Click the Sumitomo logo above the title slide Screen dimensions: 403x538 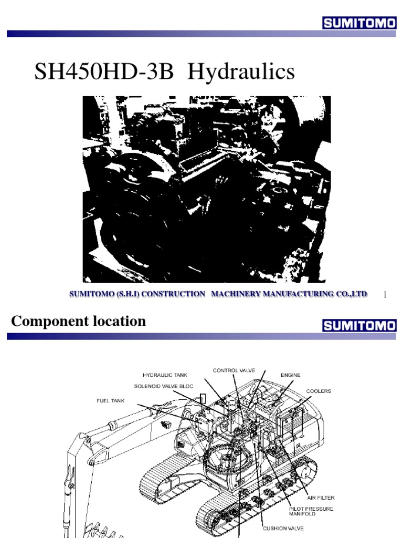tap(359, 23)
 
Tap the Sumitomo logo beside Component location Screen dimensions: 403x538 tap(359, 325)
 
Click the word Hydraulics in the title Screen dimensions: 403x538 tap(241, 72)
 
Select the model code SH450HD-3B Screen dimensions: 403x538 tap(104, 71)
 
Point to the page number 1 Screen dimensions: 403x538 tap(385, 295)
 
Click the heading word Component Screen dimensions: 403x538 tap(49, 322)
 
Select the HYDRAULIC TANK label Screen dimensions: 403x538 tap(165, 375)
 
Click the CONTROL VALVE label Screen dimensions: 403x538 tap(234, 370)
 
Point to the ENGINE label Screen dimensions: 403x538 tap(290, 375)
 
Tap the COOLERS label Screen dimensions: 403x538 tap(319, 391)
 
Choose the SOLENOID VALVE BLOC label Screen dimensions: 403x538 tap(164, 386)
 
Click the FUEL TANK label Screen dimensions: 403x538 tap(110, 400)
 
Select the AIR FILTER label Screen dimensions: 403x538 tap(321, 498)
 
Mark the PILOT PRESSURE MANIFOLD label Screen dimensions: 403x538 tap(311, 511)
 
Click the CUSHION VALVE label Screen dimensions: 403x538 tap(283, 529)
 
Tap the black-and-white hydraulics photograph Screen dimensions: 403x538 tap(207, 189)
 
